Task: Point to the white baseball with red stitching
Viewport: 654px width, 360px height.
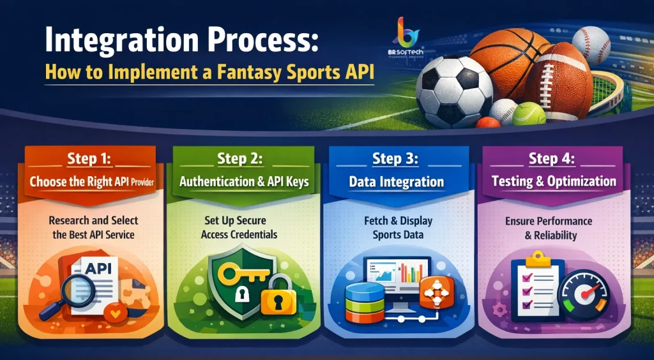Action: point(590,44)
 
